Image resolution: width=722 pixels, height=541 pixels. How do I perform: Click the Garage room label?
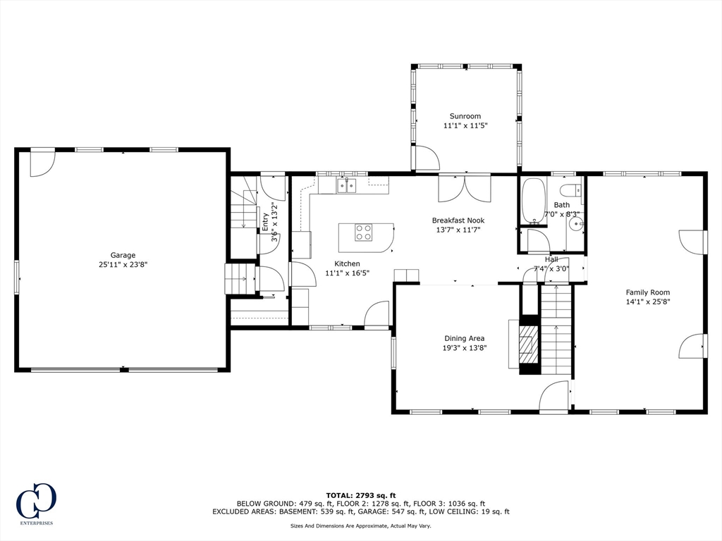pos(123,255)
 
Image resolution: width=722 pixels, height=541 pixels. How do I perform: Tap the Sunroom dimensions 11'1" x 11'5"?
pos(465,125)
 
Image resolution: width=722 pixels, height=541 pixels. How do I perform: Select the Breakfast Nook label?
pos(458,220)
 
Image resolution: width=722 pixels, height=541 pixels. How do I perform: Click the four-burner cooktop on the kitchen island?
pos(363,232)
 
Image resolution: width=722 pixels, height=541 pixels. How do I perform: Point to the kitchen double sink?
pos(347,185)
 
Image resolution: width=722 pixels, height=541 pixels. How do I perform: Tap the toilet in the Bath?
pos(571,190)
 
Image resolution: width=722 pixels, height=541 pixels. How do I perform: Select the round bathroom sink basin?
pos(575,225)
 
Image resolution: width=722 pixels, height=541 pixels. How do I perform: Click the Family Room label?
pos(648,292)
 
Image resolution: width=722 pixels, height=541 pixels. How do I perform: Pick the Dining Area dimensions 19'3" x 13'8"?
pos(464,348)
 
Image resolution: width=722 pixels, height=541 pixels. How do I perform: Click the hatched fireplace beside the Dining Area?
pos(528,345)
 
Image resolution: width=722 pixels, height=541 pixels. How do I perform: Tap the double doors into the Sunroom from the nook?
pos(465,189)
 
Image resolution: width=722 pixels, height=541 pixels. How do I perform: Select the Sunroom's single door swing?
pos(427,158)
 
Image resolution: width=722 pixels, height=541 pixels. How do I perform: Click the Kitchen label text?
pos(347,263)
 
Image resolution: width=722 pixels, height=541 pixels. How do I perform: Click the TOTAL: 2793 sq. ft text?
pos(361,495)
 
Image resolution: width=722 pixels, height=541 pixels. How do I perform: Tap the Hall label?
pos(551,259)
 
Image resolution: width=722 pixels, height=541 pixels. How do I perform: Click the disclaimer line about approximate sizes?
pos(360,526)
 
